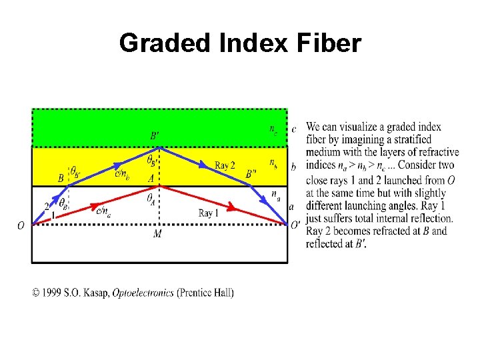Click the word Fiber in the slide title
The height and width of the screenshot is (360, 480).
(x=327, y=43)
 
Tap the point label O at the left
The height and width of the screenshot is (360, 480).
(x=21, y=226)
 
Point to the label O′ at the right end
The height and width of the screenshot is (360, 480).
(x=295, y=225)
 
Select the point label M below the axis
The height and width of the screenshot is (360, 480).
(x=157, y=234)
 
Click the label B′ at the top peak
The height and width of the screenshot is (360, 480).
(x=155, y=135)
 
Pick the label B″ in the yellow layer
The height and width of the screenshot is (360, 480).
(x=251, y=173)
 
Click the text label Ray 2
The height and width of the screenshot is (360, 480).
(x=225, y=165)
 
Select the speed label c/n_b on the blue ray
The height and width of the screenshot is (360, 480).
(x=122, y=175)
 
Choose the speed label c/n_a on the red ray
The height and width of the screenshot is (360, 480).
(x=104, y=211)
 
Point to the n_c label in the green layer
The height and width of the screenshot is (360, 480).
(x=274, y=129)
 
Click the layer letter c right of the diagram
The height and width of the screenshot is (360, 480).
(x=294, y=129)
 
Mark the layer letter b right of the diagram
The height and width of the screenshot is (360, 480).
(x=294, y=166)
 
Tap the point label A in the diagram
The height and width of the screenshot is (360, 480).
(x=151, y=178)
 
